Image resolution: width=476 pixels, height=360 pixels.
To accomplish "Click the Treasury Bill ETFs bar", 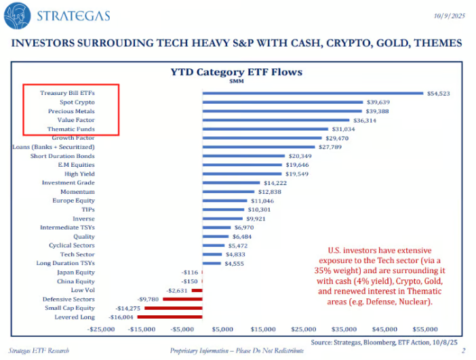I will (x=312, y=93).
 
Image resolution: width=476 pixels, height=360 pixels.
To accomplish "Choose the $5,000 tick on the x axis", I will (x=222, y=329).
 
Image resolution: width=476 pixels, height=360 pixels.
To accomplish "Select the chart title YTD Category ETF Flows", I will (x=239, y=71).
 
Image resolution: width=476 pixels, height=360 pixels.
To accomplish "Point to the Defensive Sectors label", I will (x=68, y=299).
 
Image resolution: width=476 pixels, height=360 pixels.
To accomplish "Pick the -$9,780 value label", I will (x=148, y=299).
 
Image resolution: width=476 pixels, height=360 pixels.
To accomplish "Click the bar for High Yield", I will (x=241, y=174).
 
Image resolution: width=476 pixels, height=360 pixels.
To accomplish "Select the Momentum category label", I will (x=78, y=191).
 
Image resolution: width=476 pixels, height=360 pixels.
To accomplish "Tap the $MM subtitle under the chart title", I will (x=239, y=81).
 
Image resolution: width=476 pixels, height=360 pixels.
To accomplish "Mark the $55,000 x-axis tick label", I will (x=424, y=329).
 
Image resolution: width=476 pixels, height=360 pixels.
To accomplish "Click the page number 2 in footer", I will (x=463, y=351).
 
